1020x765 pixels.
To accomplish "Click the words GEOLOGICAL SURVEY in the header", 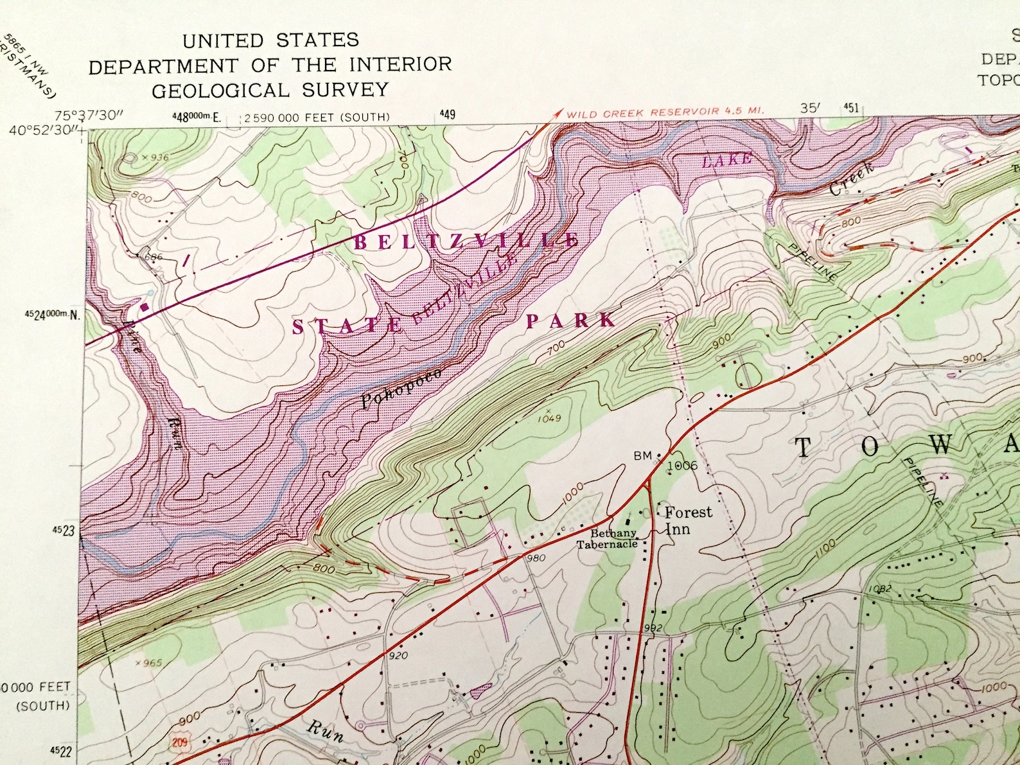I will pyautogui.click(x=270, y=90).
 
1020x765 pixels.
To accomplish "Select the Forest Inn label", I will pyautogui.click(x=687, y=520).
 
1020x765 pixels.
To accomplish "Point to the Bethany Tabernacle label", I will pyautogui.click(x=607, y=539).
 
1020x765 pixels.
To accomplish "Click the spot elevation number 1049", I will pyautogui.click(x=550, y=418).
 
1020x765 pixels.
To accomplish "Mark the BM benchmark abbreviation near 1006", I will pyautogui.click(x=642, y=455).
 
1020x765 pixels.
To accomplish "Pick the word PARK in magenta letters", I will pyautogui.click(x=570, y=320).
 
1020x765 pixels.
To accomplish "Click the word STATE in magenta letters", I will pyautogui.click(x=347, y=326).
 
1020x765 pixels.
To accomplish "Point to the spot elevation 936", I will pyautogui.click(x=157, y=157).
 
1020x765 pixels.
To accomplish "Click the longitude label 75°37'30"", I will pyautogui.click(x=89, y=116).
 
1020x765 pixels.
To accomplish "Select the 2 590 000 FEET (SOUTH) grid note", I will pyautogui.click(x=317, y=118).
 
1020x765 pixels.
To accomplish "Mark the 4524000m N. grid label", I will pyautogui.click(x=55, y=315).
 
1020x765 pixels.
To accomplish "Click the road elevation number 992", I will pyautogui.click(x=652, y=628).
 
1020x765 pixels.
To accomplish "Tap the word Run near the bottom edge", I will pyautogui.click(x=325, y=731).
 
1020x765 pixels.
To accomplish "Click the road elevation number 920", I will pyautogui.click(x=398, y=656).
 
